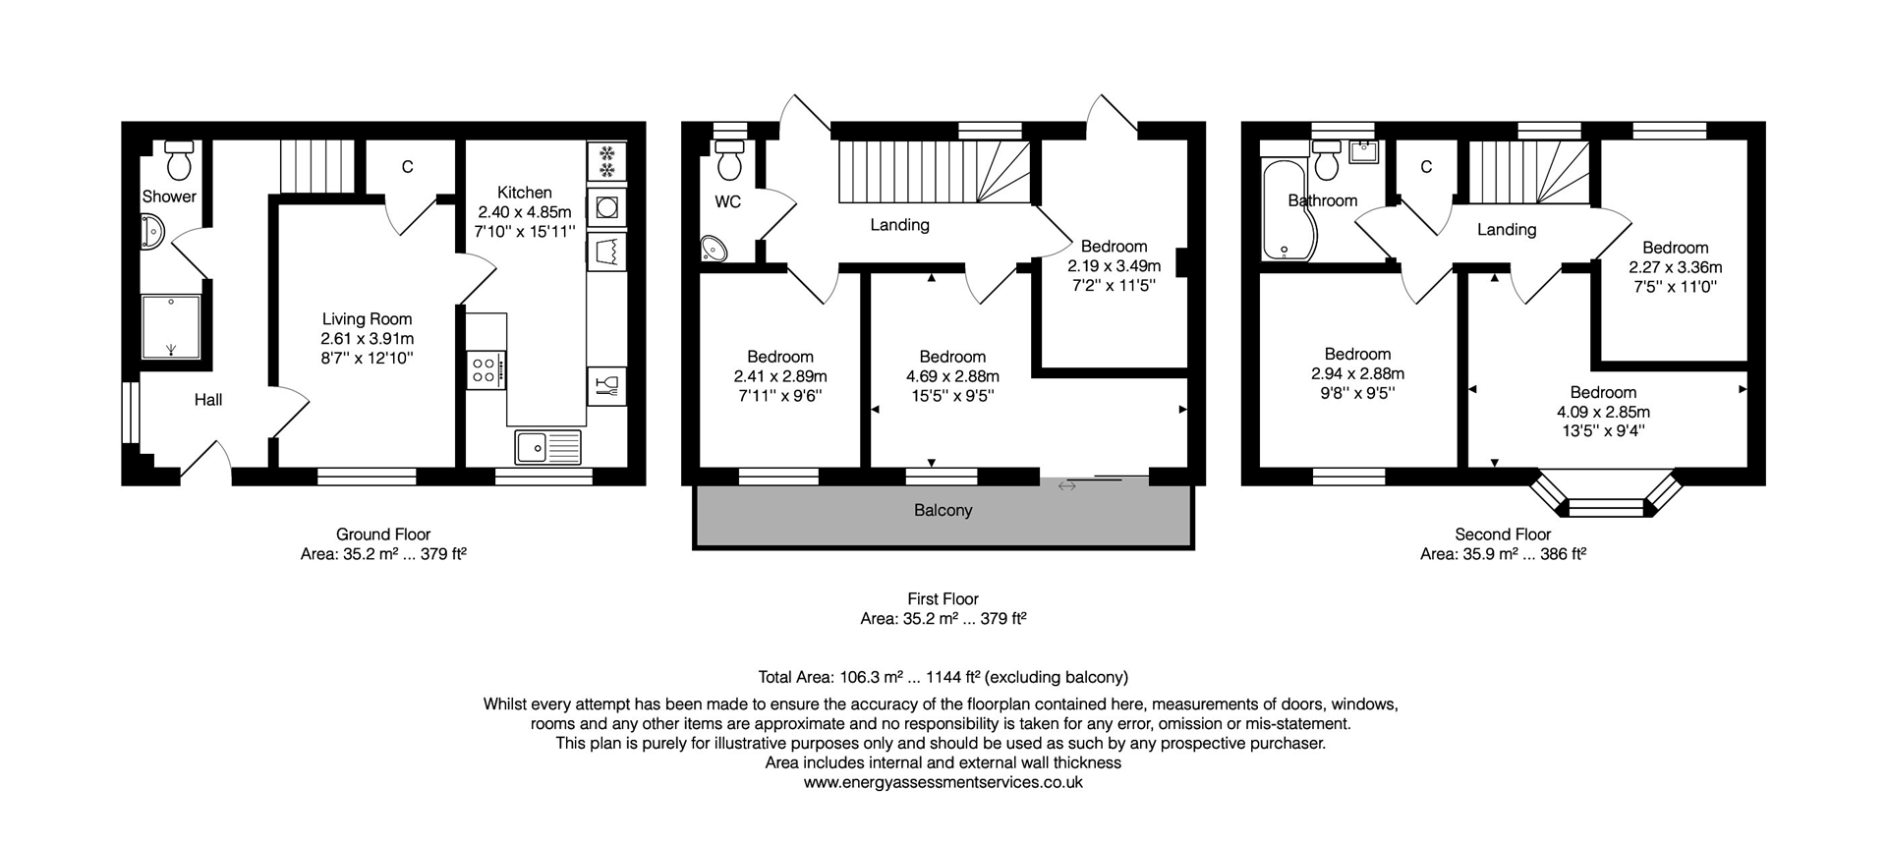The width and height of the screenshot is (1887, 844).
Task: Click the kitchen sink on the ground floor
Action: coord(547,447)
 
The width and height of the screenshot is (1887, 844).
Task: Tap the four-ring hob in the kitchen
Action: coord(486,369)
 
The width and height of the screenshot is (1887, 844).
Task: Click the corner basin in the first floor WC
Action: coord(715,250)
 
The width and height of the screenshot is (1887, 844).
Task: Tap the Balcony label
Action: coord(943,510)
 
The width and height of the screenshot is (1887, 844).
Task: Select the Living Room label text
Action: coord(367,318)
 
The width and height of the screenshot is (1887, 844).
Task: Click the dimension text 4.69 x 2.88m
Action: coord(952,376)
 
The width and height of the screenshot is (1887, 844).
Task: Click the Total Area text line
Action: coord(943,677)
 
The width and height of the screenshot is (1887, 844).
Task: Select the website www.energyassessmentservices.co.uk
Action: coord(943,782)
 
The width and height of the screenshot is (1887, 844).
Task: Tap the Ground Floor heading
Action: coord(383,535)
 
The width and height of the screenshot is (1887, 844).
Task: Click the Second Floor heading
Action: coord(1503,535)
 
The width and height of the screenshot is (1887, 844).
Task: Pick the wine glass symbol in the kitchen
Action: coord(606,385)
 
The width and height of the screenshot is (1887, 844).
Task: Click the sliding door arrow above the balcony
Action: coord(1067,484)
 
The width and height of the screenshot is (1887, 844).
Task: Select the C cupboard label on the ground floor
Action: coord(407,167)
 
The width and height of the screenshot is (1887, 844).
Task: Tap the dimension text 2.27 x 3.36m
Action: coord(1675,267)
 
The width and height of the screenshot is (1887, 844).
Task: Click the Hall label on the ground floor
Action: coord(207,400)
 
